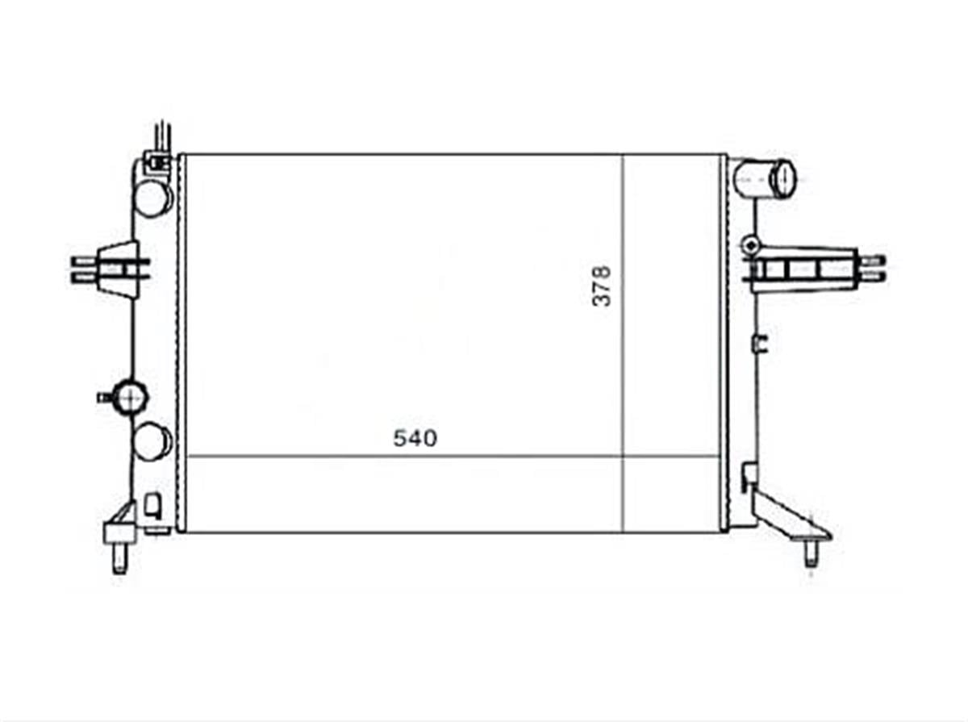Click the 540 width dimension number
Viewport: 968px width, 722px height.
click(415, 438)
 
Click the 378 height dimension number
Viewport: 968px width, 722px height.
click(603, 286)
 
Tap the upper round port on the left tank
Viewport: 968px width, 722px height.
click(152, 197)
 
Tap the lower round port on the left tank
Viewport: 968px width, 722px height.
click(152, 441)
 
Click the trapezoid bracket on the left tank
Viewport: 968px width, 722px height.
click(119, 269)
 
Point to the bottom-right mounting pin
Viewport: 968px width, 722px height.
click(811, 555)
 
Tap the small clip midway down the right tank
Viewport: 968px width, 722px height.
click(759, 344)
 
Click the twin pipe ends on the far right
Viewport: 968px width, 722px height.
click(874, 268)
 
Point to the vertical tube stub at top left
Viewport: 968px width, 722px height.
click(162, 135)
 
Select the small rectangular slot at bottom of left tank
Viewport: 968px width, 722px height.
click(152, 506)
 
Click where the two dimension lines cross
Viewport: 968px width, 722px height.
click(623, 456)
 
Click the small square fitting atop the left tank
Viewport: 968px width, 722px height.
click(154, 164)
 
